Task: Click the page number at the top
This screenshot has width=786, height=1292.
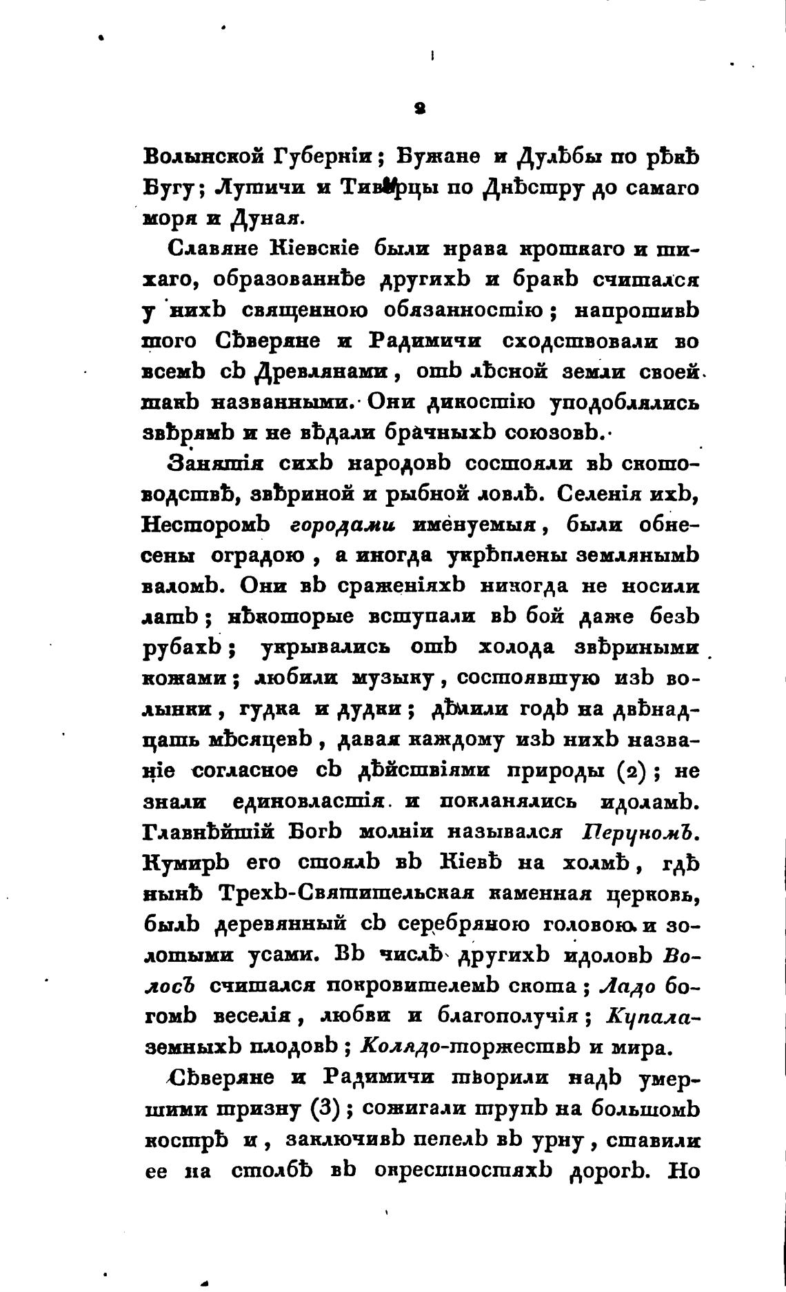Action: click(x=420, y=108)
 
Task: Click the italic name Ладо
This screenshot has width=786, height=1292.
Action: click(x=626, y=987)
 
